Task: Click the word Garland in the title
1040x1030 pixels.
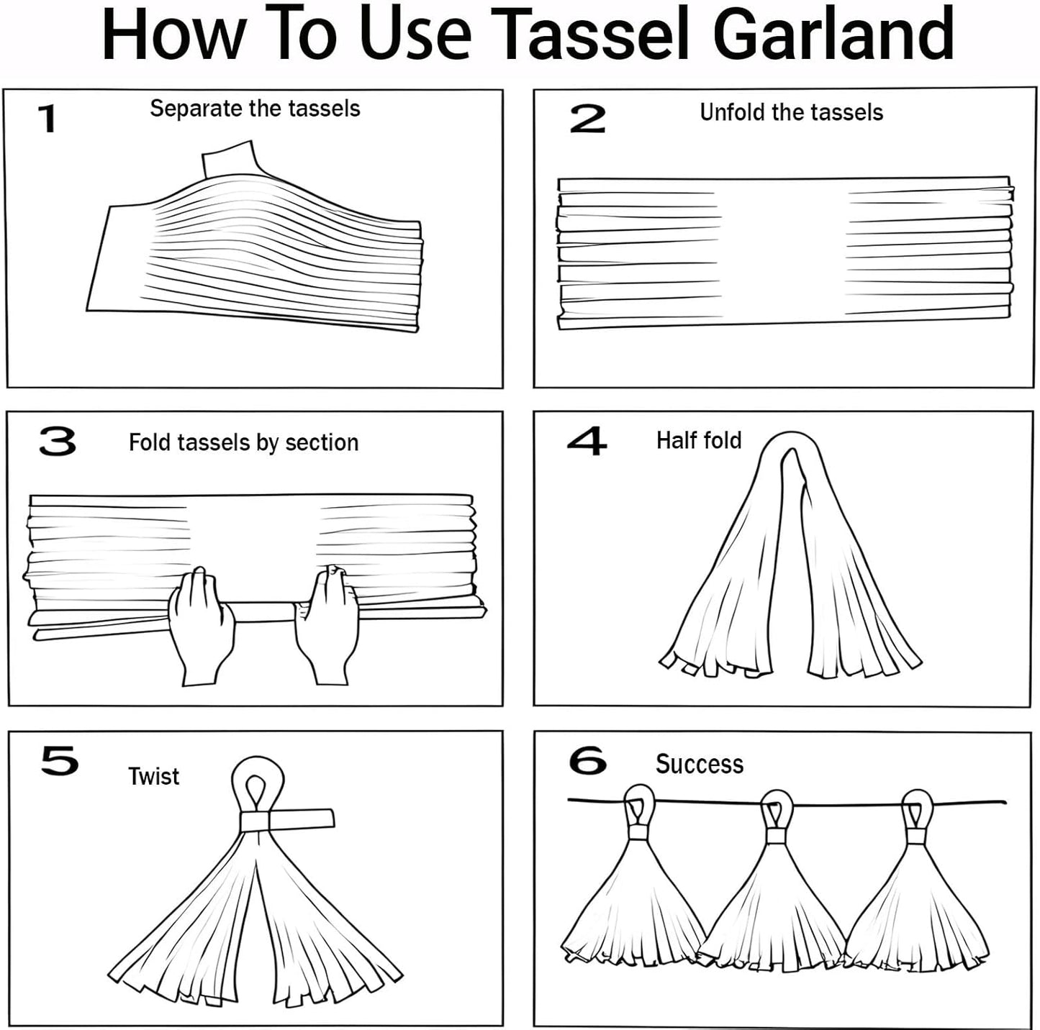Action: click(x=833, y=35)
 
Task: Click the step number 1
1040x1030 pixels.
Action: click(x=48, y=119)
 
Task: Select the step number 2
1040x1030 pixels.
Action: click(x=587, y=119)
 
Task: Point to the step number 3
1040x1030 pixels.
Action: click(x=58, y=442)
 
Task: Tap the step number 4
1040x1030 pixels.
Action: click(x=587, y=441)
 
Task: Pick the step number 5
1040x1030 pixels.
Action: click(x=59, y=761)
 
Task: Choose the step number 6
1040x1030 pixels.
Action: click(x=587, y=761)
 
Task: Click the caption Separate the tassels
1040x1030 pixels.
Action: click(x=255, y=109)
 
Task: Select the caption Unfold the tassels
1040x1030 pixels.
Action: click(x=791, y=112)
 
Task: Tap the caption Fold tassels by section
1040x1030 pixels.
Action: click(x=243, y=442)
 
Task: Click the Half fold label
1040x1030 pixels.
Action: click(x=698, y=440)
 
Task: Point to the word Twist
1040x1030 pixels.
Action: click(x=153, y=777)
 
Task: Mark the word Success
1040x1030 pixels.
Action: click(x=699, y=764)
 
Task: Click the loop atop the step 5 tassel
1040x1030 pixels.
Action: click(x=257, y=785)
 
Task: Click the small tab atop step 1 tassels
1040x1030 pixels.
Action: click(x=230, y=160)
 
